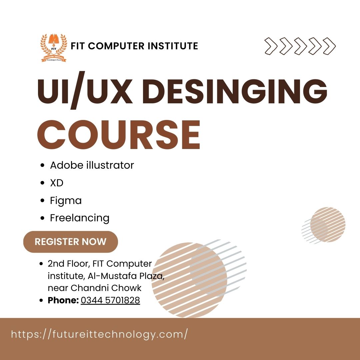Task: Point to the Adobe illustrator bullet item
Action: pyautogui.click(x=92, y=165)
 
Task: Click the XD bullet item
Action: pyautogui.click(x=57, y=183)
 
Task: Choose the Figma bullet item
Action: pyautogui.click(x=66, y=201)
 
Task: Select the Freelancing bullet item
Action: pyautogui.click(x=80, y=218)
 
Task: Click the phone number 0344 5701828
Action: pyautogui.click(x=110, y=300)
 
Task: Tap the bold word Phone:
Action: pyautogui.click(x=63, y=300)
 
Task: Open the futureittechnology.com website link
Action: pyautogui.click(x=99, y=334)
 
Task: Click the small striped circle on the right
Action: pyautogui.click(x=327, y=224)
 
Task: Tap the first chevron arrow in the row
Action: pyautogui.click(x=271, y=46)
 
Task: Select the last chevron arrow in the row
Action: pyautogui.click(x=329, y=46)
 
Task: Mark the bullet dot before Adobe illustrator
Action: pyautogui.click(x=42, y=165)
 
